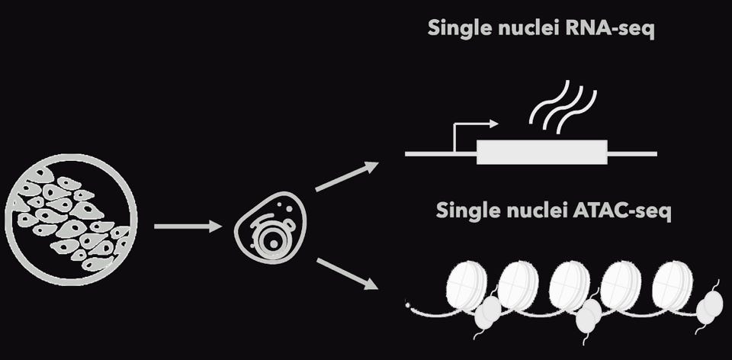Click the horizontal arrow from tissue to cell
point(187,226)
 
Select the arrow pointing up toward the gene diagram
point(347,176)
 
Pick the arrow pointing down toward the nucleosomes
point(347,274)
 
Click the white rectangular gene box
point(541,153)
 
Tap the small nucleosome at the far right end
point(711,306)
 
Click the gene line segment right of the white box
point(631,153)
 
